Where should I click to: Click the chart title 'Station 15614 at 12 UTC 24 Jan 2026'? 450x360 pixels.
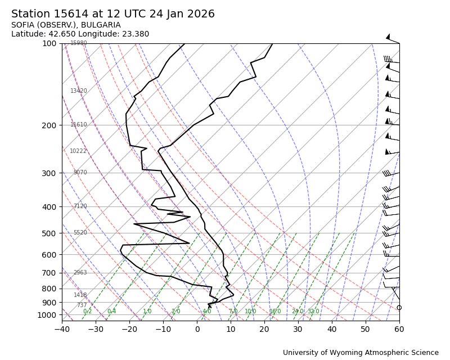pyautogui.click(x=113, y=14)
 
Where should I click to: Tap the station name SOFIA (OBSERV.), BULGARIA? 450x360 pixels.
pyautogui.click(x=66, y=25)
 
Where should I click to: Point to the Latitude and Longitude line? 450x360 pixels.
pyautogui.click(x=80, y=34)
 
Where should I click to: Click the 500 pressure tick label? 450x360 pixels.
pyautogui.click(x=49, y=233)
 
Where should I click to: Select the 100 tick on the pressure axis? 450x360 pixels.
pyautogui.click(x=49, y=43)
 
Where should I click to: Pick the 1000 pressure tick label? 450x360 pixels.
pyautogui.click(x=47, y=315)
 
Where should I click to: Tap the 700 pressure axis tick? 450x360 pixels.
pyautogui.click(x=49, y=273)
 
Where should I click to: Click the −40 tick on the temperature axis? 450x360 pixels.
pyautogui.click(x=62, y=328)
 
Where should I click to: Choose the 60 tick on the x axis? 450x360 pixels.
pyautogui.click(x=399, y=328)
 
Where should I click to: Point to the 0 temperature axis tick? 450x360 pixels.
pyautogui.click(x=197, y=328)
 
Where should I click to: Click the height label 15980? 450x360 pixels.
pyautogui.click(x=79, y=43)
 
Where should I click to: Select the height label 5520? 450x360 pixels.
pyautogui.click(x=80, y=233)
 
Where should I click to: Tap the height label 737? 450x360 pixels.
pyautogui.click(x=82, y=305)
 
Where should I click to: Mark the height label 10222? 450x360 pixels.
pyautogui.click(x=78, y=151)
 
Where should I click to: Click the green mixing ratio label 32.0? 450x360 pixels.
pyautogui.click(x=313, y=312)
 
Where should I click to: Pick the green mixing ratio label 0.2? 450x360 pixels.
pyautogui.click(x=87, y=312)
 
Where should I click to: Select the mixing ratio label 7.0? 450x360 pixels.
pyautogui.click(x=233, y=312)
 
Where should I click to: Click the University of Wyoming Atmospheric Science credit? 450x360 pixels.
pyautogui.click(x=361, y=353)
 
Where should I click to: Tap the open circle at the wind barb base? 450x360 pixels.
pyautogui.click(x=399, y=308)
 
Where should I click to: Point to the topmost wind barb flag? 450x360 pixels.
pyautogui.click(x=388, y=37)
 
